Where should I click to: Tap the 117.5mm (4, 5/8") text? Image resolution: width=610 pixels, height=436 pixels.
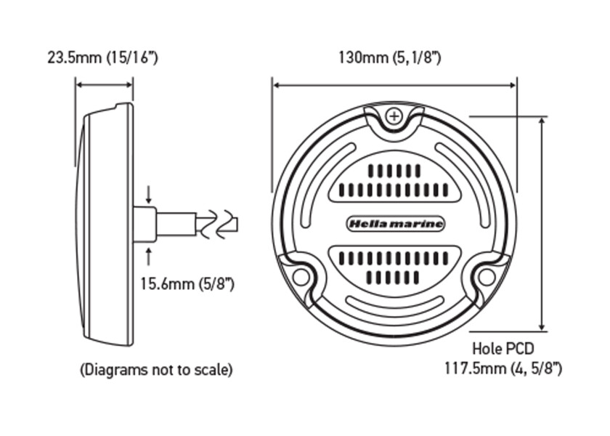pos(503,368)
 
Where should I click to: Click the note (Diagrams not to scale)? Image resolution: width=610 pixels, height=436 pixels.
pos(156,370)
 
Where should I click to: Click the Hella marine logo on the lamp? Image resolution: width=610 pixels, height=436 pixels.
pos(396,224)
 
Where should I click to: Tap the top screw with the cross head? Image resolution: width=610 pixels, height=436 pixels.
pos(394,116)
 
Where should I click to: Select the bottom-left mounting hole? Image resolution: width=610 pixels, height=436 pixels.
pos(301,277)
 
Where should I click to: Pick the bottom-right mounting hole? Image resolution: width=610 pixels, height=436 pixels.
pos(487,277)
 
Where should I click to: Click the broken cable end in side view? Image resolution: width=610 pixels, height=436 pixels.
pos(219,224)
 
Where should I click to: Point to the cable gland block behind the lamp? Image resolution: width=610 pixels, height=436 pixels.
pos(145,224)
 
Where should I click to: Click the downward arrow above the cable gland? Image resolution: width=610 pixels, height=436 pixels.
pos(149,195)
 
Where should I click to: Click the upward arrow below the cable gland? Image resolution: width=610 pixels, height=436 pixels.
pos(149,254)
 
